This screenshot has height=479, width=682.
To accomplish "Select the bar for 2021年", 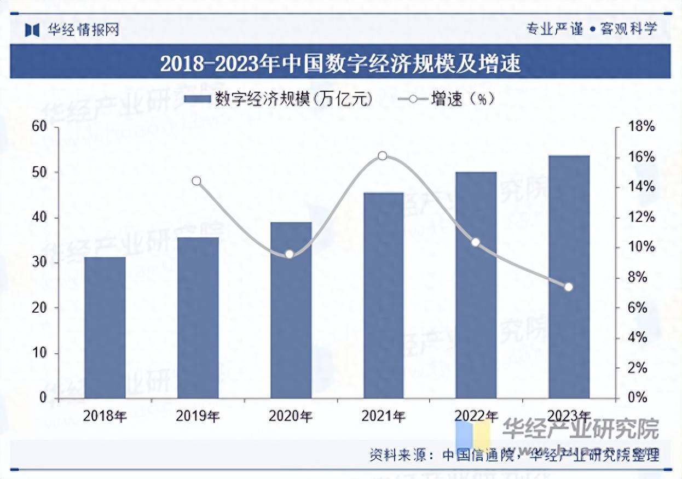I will [383, 295].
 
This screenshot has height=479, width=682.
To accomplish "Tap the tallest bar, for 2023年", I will [569, 277].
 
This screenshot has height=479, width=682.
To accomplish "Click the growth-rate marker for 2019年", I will [196, 181].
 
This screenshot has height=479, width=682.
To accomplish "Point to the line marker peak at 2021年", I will [383, 156].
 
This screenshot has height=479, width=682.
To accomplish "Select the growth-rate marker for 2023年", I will [568, 287].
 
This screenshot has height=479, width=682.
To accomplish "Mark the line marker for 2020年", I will [290, 254].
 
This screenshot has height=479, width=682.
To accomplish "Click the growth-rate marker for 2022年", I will [476, 242].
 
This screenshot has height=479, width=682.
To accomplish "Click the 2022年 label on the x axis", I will [476, 416].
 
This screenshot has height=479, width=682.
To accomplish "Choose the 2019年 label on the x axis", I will [198, 416].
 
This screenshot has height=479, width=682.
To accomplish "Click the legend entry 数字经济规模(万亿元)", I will [279, 98].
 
